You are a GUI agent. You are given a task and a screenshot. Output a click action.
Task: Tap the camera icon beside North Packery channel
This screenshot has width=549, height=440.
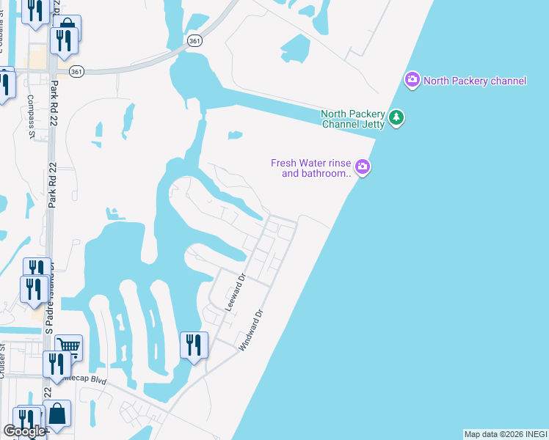pos(412,79)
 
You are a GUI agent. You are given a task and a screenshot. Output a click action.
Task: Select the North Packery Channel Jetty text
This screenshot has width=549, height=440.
pos(353,119)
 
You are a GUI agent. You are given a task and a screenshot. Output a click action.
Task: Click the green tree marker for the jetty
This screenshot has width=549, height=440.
pos(396,117)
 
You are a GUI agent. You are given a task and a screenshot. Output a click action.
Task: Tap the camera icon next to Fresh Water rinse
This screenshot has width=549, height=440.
pos(363,169)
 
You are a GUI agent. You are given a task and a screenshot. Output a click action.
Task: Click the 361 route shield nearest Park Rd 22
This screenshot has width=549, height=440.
pos(76,71)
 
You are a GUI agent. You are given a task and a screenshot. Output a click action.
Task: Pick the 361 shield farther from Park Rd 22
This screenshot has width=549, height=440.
pos(194,42)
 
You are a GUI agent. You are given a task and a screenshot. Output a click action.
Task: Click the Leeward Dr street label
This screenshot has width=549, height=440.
pos(234,293)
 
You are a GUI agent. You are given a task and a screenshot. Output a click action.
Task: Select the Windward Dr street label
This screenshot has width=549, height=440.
pos(250,331)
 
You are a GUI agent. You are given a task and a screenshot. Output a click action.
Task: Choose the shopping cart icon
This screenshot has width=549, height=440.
pos(68,346)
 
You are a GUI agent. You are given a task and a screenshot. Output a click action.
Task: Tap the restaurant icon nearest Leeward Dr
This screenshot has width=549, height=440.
pos(194,345)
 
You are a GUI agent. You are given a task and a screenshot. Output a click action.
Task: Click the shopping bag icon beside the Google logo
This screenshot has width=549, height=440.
pos(57,414)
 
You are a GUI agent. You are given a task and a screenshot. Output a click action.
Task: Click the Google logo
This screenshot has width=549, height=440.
pos(23,432)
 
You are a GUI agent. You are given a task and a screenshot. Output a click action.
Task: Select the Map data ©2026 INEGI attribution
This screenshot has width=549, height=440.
pos(505,434)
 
